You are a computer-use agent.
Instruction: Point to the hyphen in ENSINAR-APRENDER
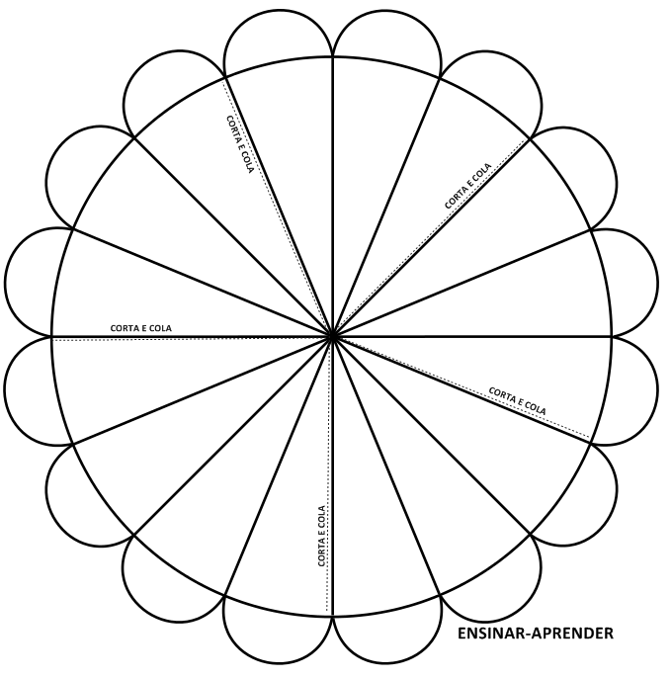coord(529,635)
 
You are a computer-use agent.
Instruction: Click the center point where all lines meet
coord(332,336)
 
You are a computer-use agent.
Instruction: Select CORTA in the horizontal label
coord(124,328)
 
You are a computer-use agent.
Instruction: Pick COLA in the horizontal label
coord(160,328)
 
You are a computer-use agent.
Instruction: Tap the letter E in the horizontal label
coord(142,328)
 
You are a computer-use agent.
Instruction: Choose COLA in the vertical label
coord(321,517)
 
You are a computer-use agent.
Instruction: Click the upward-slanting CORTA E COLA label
coord(468,186)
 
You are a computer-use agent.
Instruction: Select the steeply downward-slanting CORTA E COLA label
coord(239,144)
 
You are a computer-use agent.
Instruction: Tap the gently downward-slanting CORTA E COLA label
coord(517,401)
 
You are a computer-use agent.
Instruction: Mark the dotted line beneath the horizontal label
coord(191,340)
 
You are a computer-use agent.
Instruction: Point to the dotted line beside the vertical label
coord(328,476)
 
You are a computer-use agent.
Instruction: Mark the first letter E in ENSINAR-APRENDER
coord(461,634)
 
